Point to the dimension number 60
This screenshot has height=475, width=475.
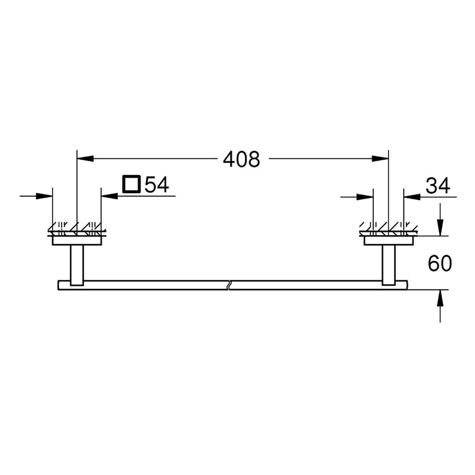click(440, 263)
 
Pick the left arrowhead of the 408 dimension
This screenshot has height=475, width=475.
click(85, 158)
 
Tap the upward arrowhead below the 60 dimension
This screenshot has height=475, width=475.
click(440, 298)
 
